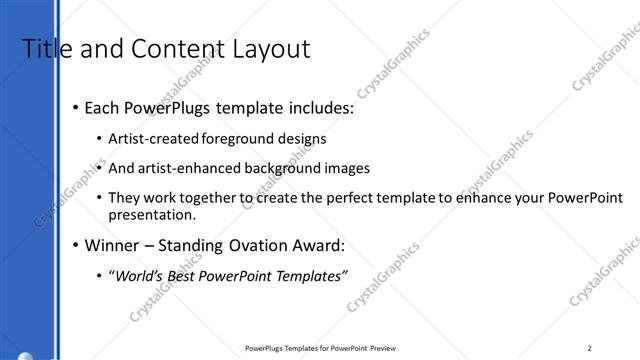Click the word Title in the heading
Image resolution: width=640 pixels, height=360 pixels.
[x=41, y=49]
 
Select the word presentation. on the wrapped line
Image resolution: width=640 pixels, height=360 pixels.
[x=152, y=215]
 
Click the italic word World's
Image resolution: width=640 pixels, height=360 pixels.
[x=139, y=277]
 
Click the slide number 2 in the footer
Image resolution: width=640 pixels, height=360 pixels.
[x=590, y=348]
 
